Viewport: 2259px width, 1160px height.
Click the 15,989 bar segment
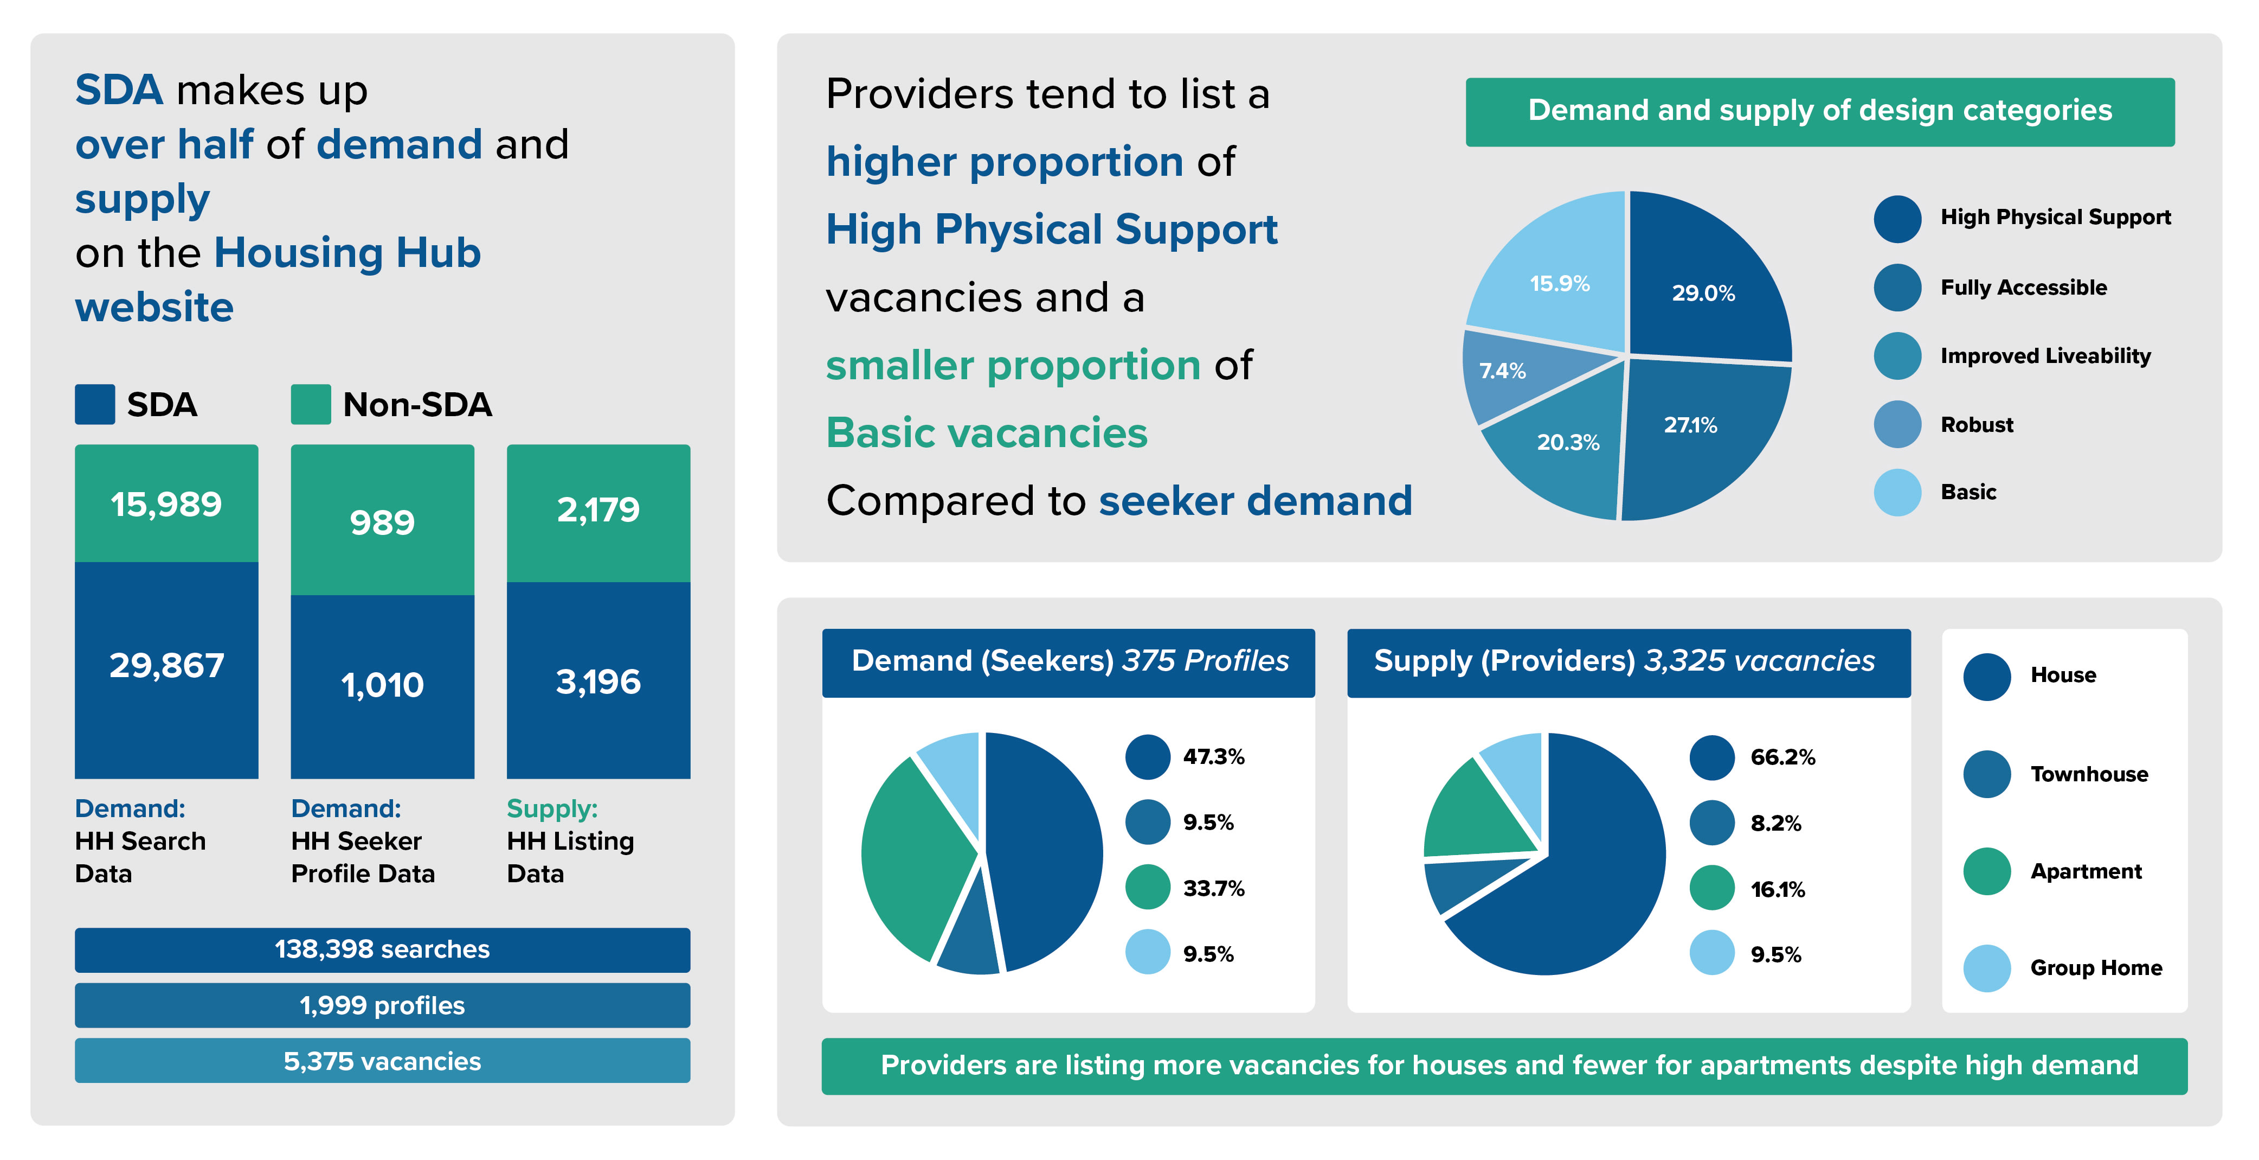tap(166, 503)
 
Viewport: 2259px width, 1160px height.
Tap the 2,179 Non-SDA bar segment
tap(598, 511)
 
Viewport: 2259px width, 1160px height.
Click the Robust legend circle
tap(1897, 425)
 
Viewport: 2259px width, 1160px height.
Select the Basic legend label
tap(1968, 492)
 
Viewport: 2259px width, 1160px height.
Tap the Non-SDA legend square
tap(311, 405)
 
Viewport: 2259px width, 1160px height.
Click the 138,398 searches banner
tap(382, 949)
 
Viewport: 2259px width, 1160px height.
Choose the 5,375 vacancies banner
tap(382, 1061)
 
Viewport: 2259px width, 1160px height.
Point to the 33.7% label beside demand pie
tap(1213, 888)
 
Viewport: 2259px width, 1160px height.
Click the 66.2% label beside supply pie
tap(1782, 756)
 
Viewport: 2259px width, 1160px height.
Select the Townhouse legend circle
tap(1986, 774)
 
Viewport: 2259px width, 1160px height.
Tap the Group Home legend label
tap(2095, 968)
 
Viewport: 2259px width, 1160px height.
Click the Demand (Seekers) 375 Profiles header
tap(1068, 661)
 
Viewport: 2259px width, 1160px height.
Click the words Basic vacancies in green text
tap(987, 432)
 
